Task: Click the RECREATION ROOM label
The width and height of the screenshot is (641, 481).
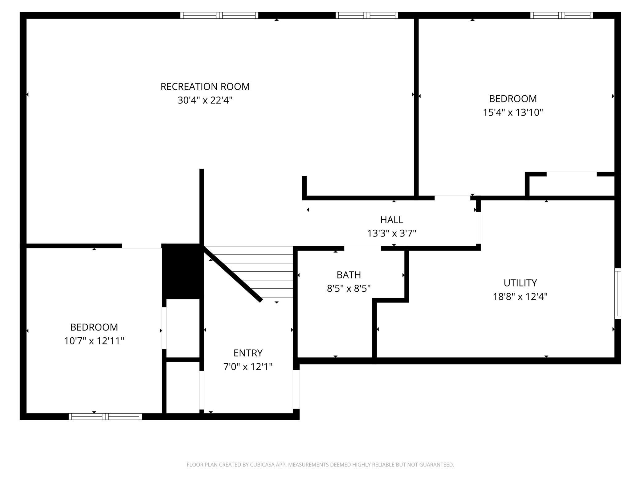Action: coord(205,87)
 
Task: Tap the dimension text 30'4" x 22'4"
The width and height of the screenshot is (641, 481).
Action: coord(205,100)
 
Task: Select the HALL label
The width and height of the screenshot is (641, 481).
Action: coord(392,220)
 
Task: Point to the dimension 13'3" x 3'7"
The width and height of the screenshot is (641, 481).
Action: coord(392,233)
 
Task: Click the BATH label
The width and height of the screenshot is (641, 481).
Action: coord(349,275)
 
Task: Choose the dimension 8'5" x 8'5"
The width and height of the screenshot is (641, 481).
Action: coord(349,288)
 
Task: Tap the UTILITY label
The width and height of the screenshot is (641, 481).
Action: coord(520,283)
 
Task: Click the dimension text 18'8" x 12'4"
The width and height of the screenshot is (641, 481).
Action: coord(520,297)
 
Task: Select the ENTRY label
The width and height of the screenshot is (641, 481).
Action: coord(248,353)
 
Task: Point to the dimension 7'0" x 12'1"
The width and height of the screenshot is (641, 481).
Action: coord(248,367)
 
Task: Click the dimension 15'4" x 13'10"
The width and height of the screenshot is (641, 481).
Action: coord(513,112)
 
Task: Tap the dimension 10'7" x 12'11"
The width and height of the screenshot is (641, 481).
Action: coord(94,341)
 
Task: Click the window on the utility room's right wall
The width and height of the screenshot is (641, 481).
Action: coord(618,294)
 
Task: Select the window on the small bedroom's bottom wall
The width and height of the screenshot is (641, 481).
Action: coord(105,417)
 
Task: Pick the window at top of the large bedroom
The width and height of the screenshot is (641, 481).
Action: coord(561,15)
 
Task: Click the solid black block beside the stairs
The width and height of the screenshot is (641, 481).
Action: coord(183,271)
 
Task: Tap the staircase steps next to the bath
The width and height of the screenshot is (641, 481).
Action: coord(248,272)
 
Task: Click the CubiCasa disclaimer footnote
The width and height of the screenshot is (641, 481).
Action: coord(320,464)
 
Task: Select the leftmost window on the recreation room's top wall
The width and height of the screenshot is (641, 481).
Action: coord(219,15)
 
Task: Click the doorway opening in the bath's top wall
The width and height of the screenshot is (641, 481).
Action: coord(362,248)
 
